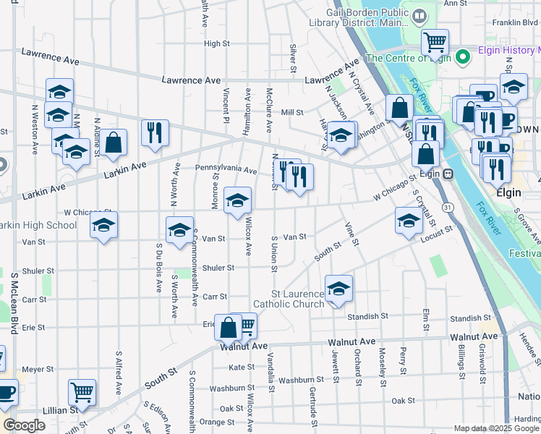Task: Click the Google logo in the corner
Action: coord(23,426)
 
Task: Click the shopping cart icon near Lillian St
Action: coord(82,393)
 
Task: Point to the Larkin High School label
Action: coord(38,225)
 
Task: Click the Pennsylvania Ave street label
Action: coord(226,171)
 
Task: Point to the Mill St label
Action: coord(291,112)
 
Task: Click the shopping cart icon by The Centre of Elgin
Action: coord(435,43)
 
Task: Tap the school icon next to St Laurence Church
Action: coord(338,289)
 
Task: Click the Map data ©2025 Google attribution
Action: coord(495,428)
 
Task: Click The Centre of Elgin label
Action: coord(409,58)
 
